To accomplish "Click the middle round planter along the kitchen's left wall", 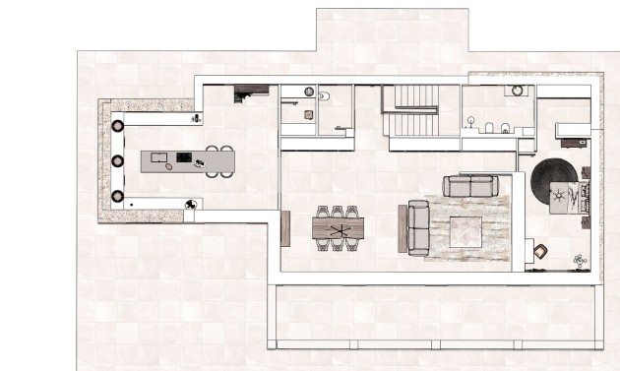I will [117, 160].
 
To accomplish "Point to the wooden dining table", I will [338, 228].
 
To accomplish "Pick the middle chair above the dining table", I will [338, 212].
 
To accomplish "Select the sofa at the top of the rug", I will [470, 186].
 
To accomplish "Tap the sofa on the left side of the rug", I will [417, 226].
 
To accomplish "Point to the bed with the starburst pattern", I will [567, 198].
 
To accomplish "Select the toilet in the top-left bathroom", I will [323, 95].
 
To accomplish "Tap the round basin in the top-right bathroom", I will [517, 91].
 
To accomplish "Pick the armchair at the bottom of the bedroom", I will [539, 253].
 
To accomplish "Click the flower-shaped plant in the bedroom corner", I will [580, 261].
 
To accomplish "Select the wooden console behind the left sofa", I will [402, 228].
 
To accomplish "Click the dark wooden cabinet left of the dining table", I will [285, 228].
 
